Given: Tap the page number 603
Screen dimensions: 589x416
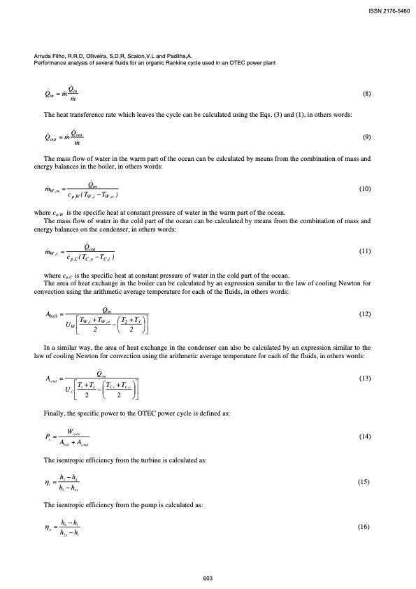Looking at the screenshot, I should [x=208, y=578].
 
